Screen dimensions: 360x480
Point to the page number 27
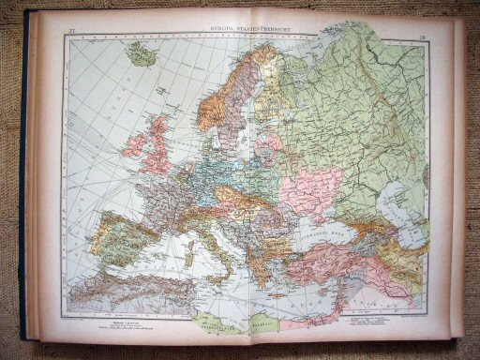(x=72, y=35)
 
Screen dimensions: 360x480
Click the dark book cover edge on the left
(x=23, y=187)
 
